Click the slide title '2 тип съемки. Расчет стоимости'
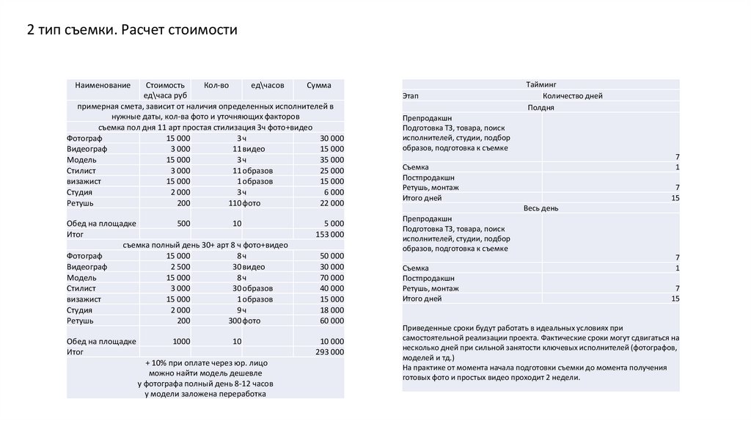(x=133, y=31)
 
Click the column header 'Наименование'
(x=103, y=86)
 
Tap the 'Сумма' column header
(x=319, y=86)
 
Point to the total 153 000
(x=329, y=235)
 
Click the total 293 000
(x=329, y=353)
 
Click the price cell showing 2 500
(x=179, y=267)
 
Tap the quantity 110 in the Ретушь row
(x=235, y=203)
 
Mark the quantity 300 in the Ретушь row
(x=235, y=321)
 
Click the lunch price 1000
(x=181, y=342)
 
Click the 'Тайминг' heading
(x=541, y=85)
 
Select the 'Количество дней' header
(x=573, y=96)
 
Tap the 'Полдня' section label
(x=541, y=108)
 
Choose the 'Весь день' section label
(x=541, y=208)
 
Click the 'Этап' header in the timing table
(x=410, y=96)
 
